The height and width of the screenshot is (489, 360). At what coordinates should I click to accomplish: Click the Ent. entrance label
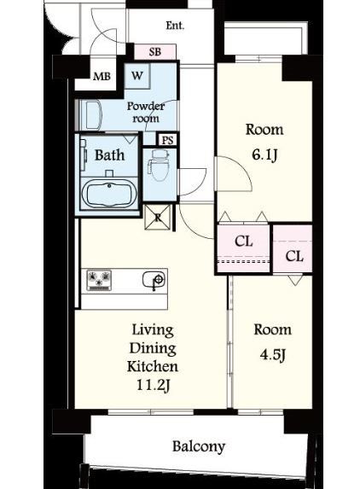[175, 26]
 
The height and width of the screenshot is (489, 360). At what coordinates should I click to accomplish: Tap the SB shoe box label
[155, 51]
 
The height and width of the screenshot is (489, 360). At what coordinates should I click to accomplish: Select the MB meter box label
[102, 77]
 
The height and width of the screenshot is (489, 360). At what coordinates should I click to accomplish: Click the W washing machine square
[137, 76]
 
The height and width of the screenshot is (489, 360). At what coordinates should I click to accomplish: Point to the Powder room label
[146, 113]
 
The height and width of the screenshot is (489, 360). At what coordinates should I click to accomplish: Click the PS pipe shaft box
[167, 140]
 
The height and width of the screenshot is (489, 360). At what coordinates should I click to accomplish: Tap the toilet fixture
[159, 165]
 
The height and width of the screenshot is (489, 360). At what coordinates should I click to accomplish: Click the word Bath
[109, 155]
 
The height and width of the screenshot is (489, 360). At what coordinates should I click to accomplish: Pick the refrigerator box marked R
[158, 217]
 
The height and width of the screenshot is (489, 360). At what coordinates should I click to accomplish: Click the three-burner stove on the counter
[99, 280]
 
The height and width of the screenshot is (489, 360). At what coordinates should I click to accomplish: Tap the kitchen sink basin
[154, 280]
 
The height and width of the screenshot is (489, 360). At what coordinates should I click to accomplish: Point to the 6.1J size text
[264, 154]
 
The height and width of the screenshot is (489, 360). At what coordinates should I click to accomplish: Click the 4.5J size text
[273, 355]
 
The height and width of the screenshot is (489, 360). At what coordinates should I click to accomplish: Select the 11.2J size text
[153, 386]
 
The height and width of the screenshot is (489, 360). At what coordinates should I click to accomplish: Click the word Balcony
[199, 446]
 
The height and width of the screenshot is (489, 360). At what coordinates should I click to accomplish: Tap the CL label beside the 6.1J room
[243, 241]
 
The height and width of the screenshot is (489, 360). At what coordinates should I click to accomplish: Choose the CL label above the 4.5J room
[294, 256]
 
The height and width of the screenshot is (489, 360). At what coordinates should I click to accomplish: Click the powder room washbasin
[90, 114]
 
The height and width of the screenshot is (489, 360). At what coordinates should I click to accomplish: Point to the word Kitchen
[153, 366]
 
